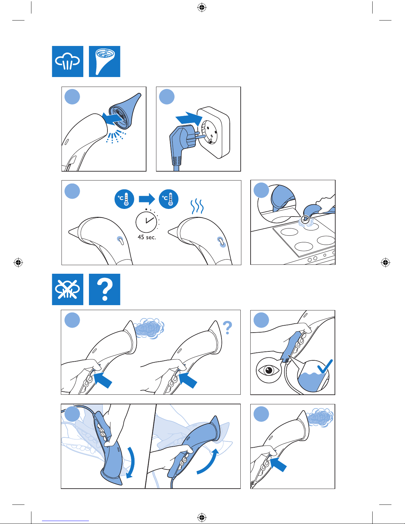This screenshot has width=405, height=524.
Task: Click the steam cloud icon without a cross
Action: pyautogui.click(x=67, y=61)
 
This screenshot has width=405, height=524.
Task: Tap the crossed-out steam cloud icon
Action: pyautogui.click(x=67, y=289)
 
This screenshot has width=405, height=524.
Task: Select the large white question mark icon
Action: pyautogui.click(x=104, y=289)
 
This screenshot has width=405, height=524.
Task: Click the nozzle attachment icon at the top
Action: pyautogui.click(x=104, y=61)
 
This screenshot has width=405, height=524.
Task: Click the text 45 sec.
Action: pyautogui.click(x=147, y=237)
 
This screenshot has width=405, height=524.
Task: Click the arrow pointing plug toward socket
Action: pyautogui.click(x=188, y=118)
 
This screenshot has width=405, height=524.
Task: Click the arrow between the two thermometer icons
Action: pyautogui.click(x=147, y=199)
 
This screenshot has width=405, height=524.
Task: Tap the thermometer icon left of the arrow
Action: pyautogui.click(x=124, y=199)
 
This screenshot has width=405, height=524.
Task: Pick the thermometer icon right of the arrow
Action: pyautogui.click(x=169, y=199)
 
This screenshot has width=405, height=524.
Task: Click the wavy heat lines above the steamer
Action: pyautogui.click(x=197, y=207)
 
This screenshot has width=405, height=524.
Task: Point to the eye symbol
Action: pyautogui.click(x=269, y=370)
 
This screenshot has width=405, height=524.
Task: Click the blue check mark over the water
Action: pyautogui.click(x=325, y=366)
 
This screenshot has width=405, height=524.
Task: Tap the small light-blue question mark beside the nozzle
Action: pyautogui.click(x=227, y=328)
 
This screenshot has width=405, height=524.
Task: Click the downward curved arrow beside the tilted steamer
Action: pyautogui.click(x=132, y=462)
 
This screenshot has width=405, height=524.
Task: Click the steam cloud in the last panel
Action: pyautogui.click(x=320, y=417)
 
